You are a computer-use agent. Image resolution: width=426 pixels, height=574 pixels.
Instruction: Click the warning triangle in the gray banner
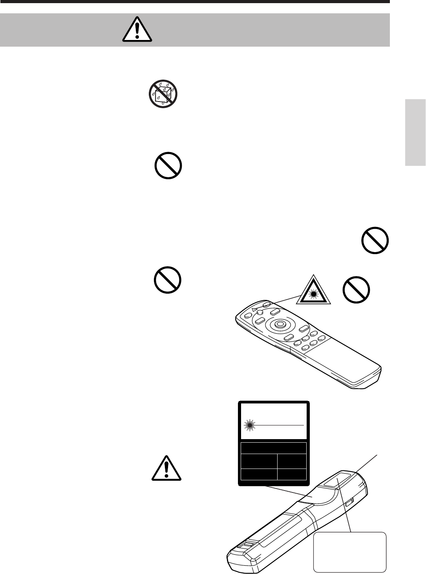[137, 30]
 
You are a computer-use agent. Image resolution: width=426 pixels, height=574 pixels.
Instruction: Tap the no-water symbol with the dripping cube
[163, 94]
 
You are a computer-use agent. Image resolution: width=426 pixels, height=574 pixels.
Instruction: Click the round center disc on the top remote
[280, 324]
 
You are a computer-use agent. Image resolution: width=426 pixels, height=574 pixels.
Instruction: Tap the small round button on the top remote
[260, 312]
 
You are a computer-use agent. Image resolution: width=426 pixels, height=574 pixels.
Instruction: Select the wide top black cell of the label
[273, 448]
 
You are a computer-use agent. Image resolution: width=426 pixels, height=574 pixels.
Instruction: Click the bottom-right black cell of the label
[292, 474]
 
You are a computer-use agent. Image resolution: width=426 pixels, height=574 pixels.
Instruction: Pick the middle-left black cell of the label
[258, 461]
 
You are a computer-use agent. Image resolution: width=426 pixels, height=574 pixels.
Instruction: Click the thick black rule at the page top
[195, 2]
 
